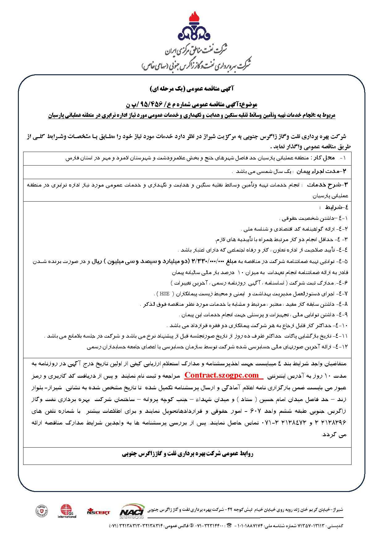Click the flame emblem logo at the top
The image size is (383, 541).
194,27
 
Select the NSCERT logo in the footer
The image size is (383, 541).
98,512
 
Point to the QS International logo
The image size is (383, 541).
67,511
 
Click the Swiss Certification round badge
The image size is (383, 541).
42,511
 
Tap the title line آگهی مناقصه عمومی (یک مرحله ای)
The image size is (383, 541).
192,89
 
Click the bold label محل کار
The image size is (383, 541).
324,158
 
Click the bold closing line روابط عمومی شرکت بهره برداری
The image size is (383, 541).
188,453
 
